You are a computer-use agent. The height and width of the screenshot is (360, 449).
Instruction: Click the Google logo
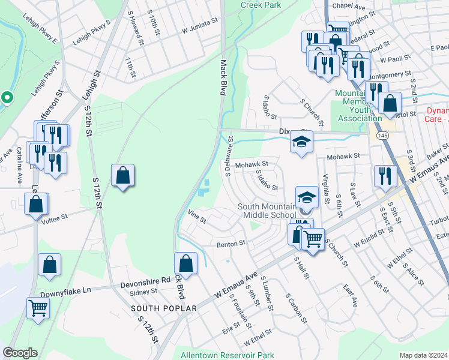tap(20, 353)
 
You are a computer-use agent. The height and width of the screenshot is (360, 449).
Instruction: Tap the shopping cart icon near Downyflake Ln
tap(38, 308)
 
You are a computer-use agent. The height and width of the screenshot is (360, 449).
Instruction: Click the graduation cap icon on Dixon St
tap(302, 142)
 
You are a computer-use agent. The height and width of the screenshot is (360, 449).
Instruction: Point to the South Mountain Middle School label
tap(267, 211)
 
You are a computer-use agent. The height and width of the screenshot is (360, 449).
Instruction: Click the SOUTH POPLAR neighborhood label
tap(164, 308)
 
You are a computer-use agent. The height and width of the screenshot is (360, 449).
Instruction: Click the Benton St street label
tap(232, 244)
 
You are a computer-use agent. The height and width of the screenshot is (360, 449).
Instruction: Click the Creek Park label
tap(261, 5)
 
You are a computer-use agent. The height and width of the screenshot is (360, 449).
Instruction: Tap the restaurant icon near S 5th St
tap(385, 176)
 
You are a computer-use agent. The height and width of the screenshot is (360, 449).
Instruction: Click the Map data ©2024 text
tap(423, 355)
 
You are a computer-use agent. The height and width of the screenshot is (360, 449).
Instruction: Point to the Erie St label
tap(231, 327)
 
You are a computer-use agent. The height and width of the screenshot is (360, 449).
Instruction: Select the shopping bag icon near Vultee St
tap(36, 205)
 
